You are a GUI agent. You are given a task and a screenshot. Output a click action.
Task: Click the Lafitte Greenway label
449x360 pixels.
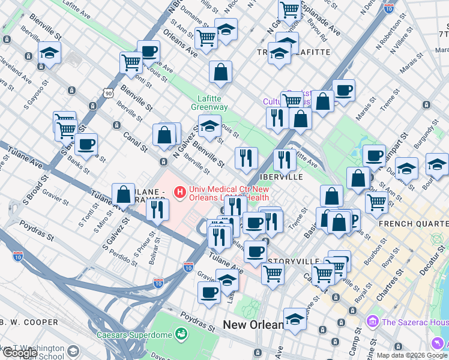click(209, 103)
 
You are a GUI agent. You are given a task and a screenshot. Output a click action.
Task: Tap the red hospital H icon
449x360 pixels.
click(179, 193)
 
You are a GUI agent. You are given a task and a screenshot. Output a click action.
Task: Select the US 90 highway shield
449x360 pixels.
click(108, 94)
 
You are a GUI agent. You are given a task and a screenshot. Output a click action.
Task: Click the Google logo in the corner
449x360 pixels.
click(20, 353)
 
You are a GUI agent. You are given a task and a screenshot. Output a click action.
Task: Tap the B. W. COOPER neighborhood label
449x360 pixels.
click(29, 322)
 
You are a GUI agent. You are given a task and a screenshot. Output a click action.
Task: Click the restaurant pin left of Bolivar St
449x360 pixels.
click(157, 210)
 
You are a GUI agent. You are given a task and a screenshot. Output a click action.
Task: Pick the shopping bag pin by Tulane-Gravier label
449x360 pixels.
click(123, 194)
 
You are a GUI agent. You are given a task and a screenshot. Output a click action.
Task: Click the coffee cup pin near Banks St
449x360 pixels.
click(86, 145)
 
